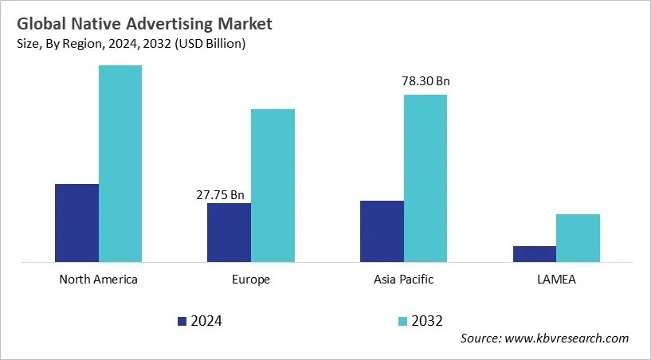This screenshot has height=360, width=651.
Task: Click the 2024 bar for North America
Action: coord(76,222)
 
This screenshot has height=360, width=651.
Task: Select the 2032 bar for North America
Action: coord(120,163)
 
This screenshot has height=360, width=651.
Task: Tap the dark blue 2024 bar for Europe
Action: coord(229,232)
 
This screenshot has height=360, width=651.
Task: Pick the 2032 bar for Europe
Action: coord(273,185)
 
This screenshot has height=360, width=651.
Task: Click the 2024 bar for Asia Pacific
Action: coord(382,231)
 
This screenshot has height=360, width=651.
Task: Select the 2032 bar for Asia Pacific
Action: coord(426,178)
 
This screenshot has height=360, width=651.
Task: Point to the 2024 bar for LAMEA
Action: coord(534,253)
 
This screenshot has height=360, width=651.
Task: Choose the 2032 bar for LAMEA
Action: coord(578,237)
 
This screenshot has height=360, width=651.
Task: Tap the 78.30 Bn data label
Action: coord(425,81)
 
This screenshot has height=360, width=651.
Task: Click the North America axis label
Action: coord(99,280)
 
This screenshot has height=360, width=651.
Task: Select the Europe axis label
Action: coord(251,280)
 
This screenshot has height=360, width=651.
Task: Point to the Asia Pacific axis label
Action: coord(403,280)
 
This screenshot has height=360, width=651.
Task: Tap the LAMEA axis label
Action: coord(556,280)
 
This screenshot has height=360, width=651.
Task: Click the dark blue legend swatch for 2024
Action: coord(182,321)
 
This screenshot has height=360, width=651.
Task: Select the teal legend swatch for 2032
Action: coord(403,321)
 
